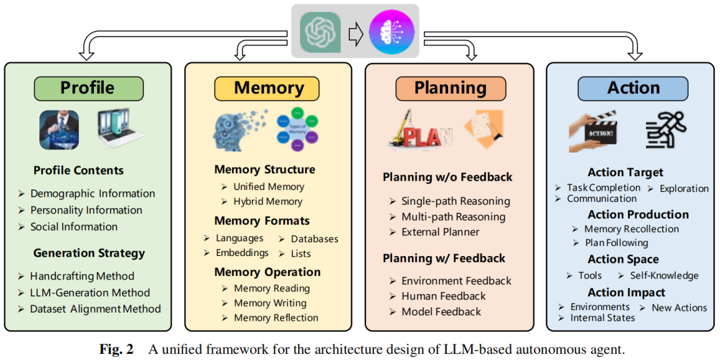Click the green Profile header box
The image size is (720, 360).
(88, 88)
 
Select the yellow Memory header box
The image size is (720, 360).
(268, 88)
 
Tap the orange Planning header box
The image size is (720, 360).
(450, 88)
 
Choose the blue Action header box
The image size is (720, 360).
(633, 88)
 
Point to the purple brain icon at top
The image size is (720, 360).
(391, 32)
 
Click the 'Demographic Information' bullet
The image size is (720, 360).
(92, 193)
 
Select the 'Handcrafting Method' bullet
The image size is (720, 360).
(82, 276)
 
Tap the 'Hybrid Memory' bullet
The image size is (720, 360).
(267, 201)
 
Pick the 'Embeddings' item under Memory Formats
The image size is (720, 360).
(242, 253)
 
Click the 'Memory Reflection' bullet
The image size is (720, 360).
(276, 318)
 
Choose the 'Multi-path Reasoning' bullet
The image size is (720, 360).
(453, 217)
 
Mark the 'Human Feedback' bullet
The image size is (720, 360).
(443, 296)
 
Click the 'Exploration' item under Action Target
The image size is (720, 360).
(684, 189)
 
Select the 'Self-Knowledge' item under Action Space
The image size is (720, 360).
(664, 275)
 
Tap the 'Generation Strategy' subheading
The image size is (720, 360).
(89, 253)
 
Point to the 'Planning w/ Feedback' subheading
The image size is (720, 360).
(444, 259)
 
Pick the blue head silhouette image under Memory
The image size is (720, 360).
(239, 129)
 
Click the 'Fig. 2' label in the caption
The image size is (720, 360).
(117, 349)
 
